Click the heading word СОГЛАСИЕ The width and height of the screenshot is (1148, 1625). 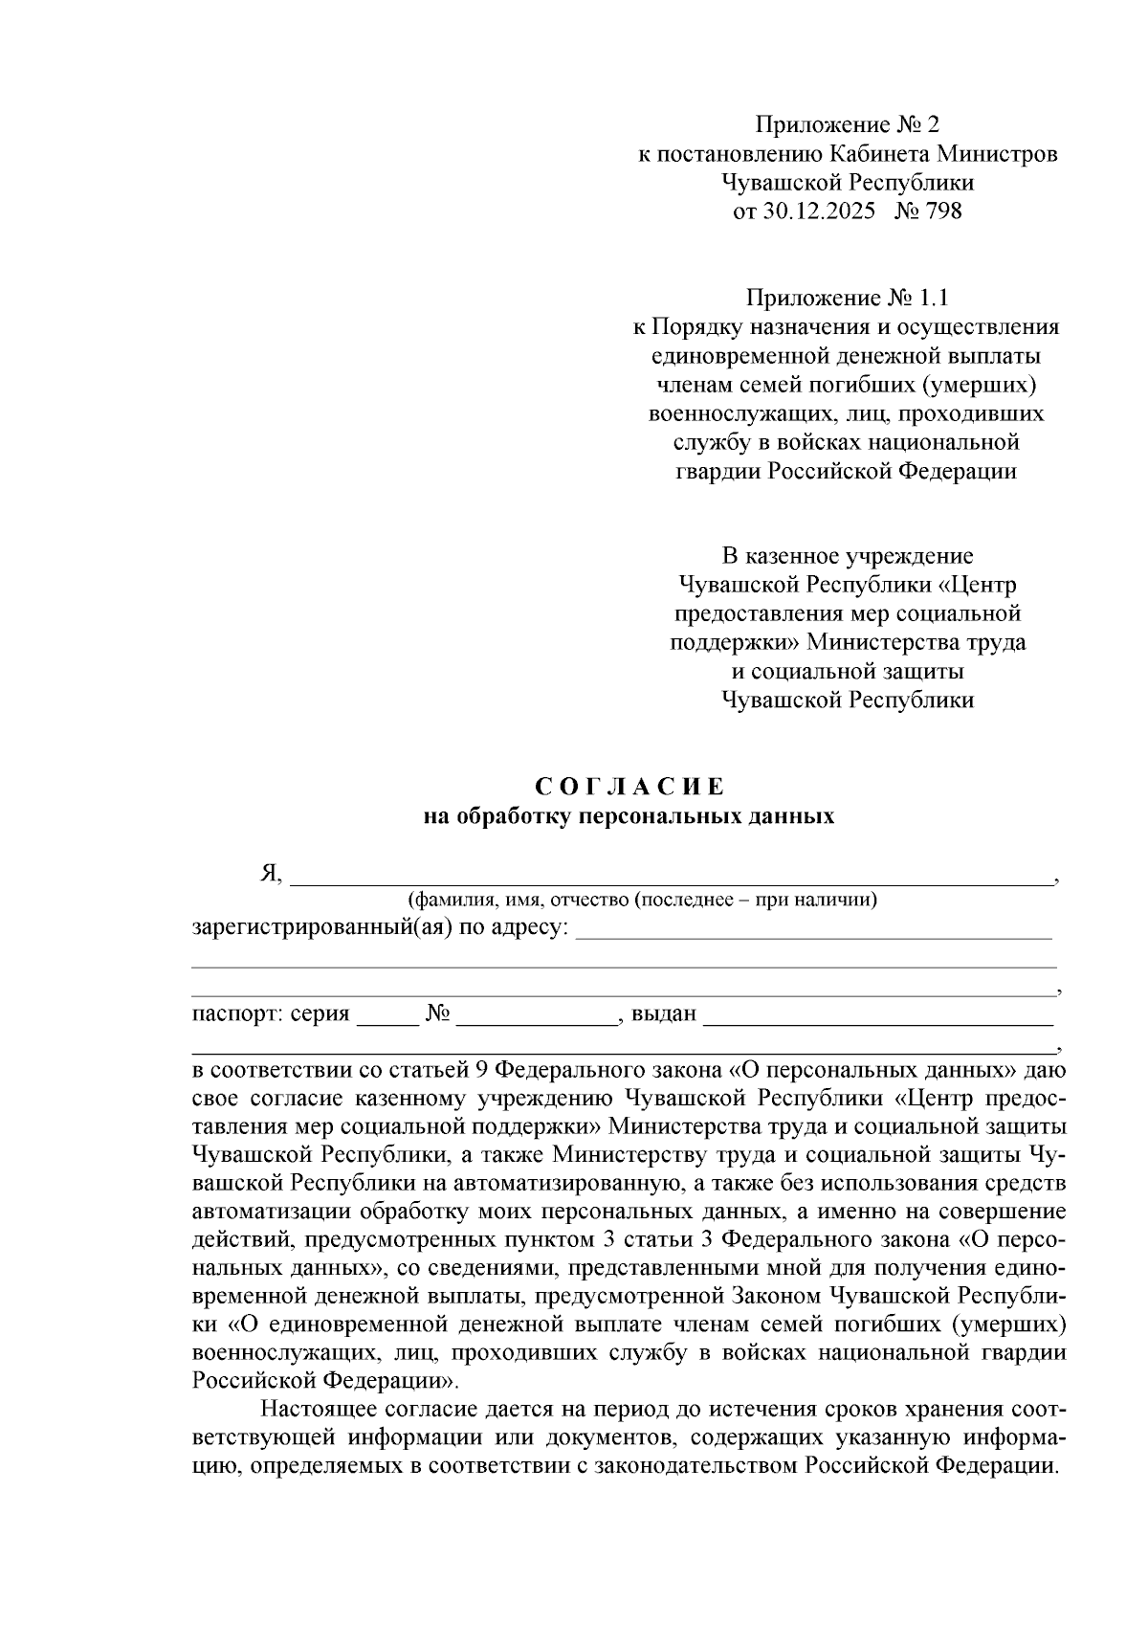tap(629, 788)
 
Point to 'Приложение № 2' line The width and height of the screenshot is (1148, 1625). tap(848, 124)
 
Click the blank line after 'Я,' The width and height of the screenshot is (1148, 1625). tap(670, 879)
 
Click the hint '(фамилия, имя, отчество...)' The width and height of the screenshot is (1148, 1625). tap(642, 900)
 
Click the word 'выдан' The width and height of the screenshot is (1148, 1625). tap(663, 1013)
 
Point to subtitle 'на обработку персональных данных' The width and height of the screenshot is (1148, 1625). tap(629, 816)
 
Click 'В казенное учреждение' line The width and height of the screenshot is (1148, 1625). tap(848, 556)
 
